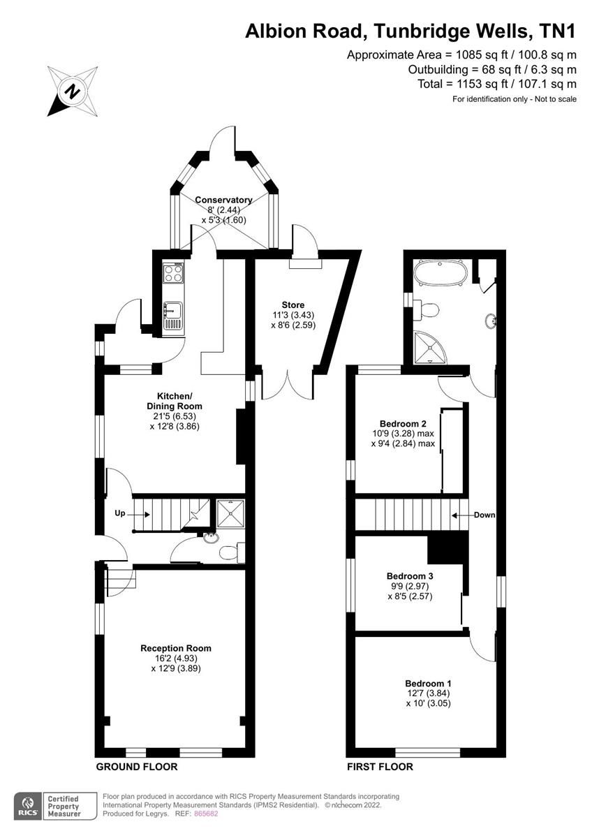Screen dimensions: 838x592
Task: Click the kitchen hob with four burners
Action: pyautogui.click(x=173, y=272)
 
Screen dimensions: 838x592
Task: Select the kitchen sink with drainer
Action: pyautogui.click(x=173, y=316)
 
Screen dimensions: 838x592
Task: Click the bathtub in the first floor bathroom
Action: pyautogui.click(x=440, y=273)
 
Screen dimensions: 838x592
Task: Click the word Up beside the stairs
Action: pyautogui.click(x=120, y=513)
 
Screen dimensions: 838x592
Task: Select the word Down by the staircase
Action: pyautogui.click(x=484, y=515)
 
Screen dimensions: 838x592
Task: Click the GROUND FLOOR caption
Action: pyautogui.click(x=136, y=767)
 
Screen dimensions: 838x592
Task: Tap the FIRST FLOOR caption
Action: pyautogui.click(x=380, y=767)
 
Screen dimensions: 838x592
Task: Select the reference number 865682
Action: pyautogui.click(x=206, y=814)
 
